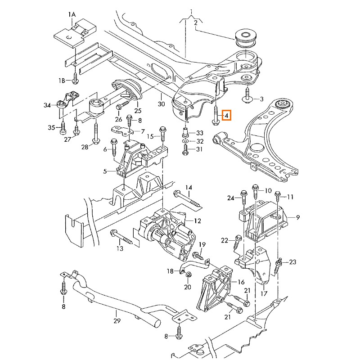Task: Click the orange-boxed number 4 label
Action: (226, 116)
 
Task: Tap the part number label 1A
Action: (72, 15)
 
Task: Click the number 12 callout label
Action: (198, 220)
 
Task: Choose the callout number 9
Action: (297, 217)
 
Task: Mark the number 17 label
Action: (264, 293)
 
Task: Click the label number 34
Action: (47, 106)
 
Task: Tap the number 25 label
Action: (138, 111)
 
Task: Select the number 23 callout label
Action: (293, 261)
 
